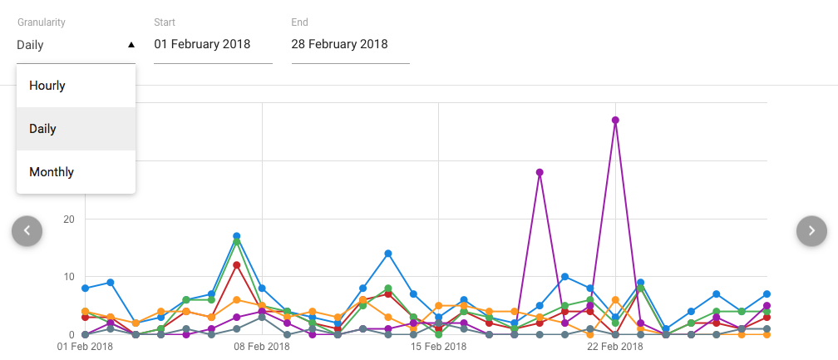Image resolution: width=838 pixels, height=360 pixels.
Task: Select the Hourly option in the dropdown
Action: coord(47,86)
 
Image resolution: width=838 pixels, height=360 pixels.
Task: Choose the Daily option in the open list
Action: coord(42,129)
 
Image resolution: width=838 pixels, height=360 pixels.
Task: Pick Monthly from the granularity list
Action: coord(52,172)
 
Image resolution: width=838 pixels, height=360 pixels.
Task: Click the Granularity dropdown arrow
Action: coord(131,45)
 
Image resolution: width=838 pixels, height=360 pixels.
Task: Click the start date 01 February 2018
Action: coord(202,45)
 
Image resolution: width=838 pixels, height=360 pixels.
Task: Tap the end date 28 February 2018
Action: coord(339,45)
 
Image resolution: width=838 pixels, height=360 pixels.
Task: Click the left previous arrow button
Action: coord(27,230)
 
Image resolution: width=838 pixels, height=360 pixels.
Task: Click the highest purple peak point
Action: coord(615,120)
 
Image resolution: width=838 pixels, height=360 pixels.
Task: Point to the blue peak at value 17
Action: coord(237,236)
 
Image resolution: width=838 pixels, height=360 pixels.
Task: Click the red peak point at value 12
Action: coord(237,265)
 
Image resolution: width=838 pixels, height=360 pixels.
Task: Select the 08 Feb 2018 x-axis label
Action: coord(261,347)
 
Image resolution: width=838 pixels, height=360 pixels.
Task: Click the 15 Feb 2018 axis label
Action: coord(438,347)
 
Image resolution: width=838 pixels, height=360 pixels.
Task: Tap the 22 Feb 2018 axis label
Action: coord(614,347)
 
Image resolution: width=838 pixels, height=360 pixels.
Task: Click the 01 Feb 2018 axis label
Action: coord(85,347)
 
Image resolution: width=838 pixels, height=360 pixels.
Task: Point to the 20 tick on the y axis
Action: coord(69,219)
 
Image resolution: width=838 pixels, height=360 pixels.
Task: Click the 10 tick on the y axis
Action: coord(69,277)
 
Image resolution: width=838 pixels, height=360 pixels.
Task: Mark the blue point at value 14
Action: coord(388,254)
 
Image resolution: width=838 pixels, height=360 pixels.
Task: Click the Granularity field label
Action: coord(42,22)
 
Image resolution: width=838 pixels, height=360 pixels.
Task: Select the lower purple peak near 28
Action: coord(540,172)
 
